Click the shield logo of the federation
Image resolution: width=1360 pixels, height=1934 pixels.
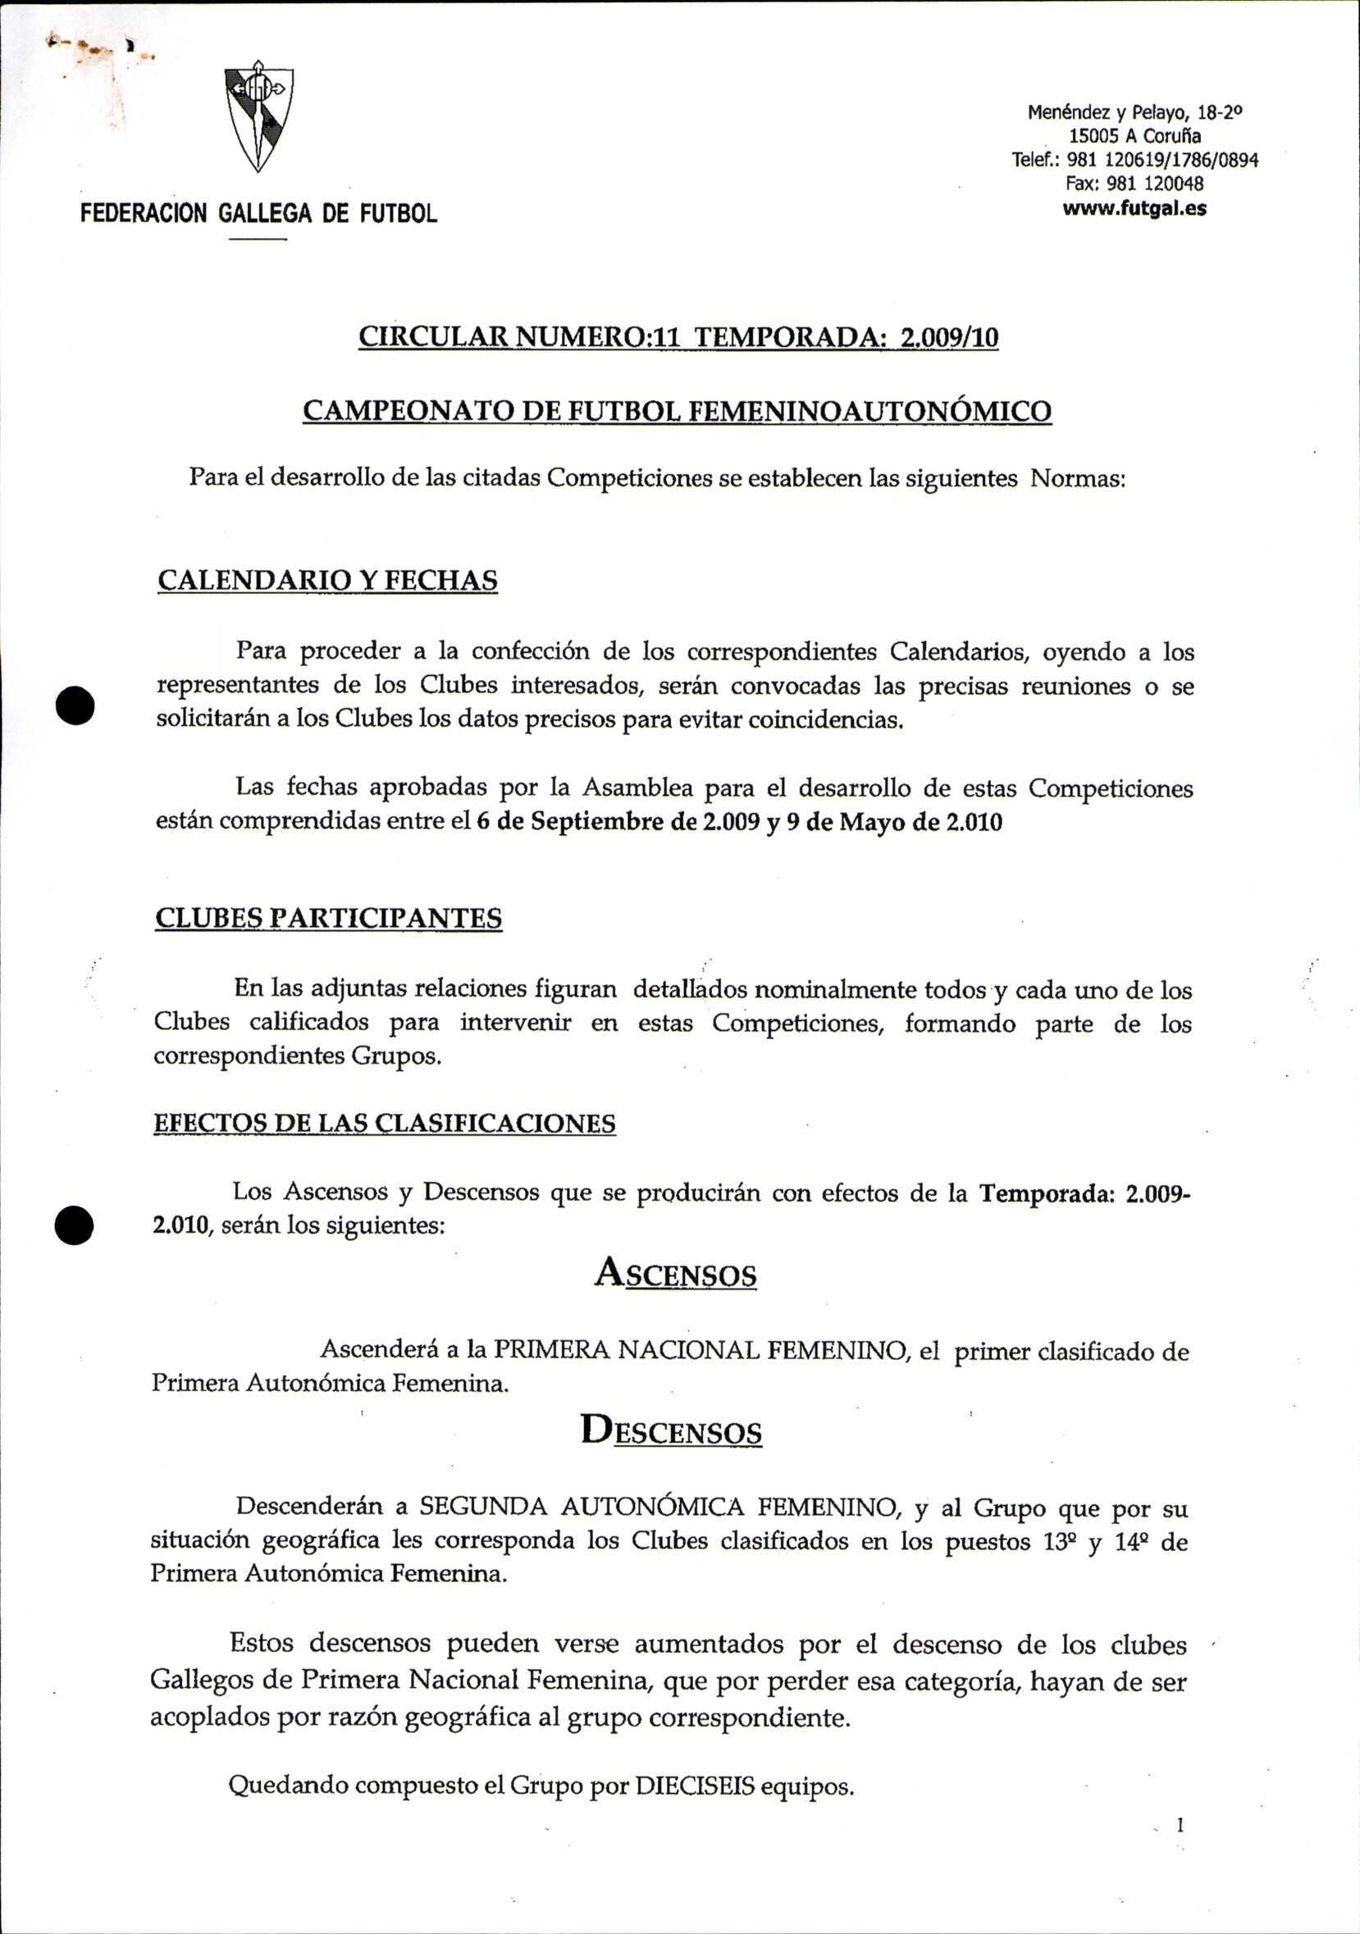258,116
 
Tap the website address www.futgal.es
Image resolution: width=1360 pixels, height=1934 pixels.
1134,208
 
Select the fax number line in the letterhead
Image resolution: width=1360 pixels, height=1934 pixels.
1134,184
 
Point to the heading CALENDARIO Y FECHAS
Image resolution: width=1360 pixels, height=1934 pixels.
327,581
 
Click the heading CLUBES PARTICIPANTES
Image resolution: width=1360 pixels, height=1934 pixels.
329,917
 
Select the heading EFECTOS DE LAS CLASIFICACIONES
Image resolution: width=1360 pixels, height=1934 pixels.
384,1123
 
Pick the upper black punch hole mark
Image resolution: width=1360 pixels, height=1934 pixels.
74,705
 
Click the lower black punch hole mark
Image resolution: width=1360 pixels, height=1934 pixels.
74,1225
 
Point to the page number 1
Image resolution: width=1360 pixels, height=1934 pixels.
1180,1826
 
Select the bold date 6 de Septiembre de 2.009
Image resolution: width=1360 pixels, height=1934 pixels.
618,822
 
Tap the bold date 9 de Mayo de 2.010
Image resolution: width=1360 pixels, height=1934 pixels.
894,822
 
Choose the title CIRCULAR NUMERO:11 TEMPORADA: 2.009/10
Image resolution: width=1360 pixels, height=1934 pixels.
678,337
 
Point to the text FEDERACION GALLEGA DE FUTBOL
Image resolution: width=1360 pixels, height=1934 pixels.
258,214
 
